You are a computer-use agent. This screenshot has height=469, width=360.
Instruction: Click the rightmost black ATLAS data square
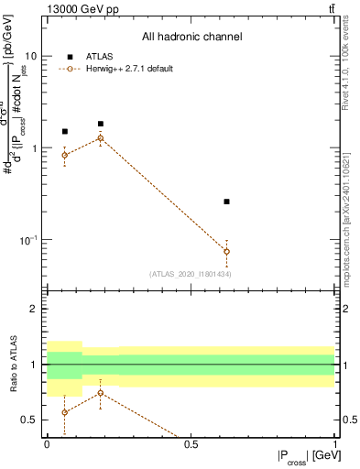[x=227, y=202]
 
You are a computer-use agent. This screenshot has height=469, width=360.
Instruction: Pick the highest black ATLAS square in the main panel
[x=101, y=124]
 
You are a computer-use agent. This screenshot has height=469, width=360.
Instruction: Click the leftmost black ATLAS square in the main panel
[x=64, y=132]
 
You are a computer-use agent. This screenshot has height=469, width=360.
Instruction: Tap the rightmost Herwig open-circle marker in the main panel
[x=227, y=251]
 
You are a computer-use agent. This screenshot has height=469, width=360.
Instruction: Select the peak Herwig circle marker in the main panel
[x=101, y=138]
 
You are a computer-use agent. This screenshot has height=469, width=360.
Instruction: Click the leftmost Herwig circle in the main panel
[x=64, y=155]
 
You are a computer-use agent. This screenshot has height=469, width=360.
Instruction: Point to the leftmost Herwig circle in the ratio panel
[x=64, y=412]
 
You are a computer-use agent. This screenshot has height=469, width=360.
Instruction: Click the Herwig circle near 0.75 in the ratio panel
[x=101, y=393]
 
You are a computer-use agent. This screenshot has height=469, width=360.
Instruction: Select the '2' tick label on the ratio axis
[x=37, y=309]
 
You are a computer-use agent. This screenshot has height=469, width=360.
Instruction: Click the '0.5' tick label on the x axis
[x=191, y=444]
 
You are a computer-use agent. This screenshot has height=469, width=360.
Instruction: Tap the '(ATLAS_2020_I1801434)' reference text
[x=190, y=274]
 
